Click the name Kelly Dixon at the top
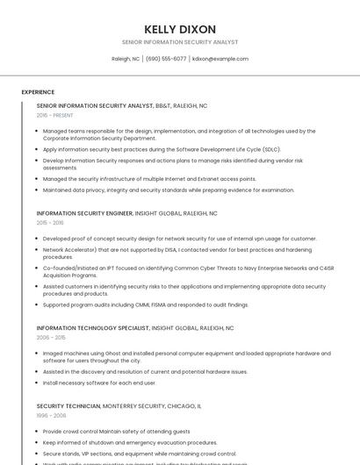point(180,29)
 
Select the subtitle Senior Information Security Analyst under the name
point(180,42)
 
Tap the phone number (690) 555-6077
point(166,59)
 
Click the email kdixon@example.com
point(220,59)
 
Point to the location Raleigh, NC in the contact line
point(126,59)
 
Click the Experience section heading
point(38,92)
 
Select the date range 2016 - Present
point(54,115)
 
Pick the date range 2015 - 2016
point(50,223)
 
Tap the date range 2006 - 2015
point(51,337)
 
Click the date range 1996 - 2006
point(51,416)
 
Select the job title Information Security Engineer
point(84,213)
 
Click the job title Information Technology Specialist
point(92,327)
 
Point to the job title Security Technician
point(68,406)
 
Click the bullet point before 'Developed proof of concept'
point(38,239)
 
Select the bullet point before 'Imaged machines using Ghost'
point(38,353)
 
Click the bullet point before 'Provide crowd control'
point(38,432)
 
